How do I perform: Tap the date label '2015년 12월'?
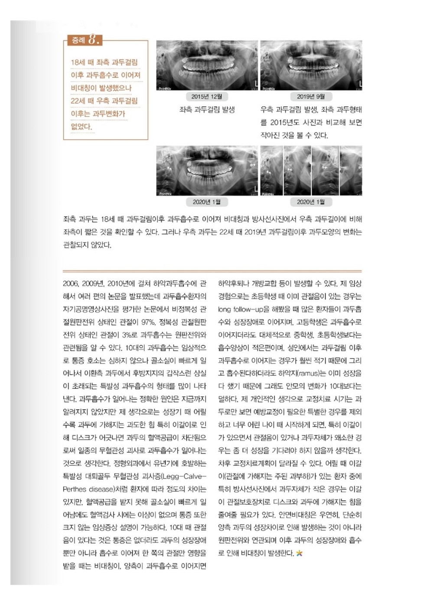[x=207, y=96]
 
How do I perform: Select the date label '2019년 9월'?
[x=311, y=96]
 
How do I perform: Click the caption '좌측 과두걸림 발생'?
[x=207, y=110]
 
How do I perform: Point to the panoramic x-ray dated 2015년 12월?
[x=207, y=65]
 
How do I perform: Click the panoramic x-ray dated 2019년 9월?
[x=311, y=65]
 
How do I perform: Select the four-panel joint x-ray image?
[x=311, y=171]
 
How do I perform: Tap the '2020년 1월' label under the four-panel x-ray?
[x=311, y=202]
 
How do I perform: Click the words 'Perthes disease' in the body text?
[x=87, y=489]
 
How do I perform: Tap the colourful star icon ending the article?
[x=299, y=553]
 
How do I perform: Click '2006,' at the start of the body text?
[x=72, y=284]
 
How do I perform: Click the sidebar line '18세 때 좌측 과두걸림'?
[x=104, y=63]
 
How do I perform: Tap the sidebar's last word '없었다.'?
[x=81, y=127]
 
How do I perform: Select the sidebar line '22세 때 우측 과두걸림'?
[x=104, y=101]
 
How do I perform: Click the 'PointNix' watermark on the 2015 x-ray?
[x=165, y=89]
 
